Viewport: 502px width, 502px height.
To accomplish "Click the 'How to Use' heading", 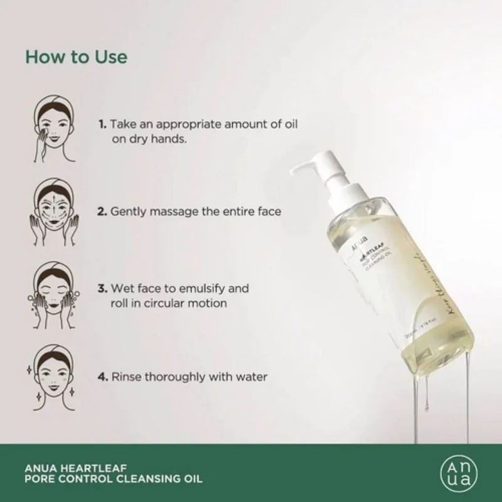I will (x=76, y=56).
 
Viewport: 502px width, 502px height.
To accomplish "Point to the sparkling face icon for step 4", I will (x=52, y=376).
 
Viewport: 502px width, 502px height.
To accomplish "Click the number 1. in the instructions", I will (x=102, y=124).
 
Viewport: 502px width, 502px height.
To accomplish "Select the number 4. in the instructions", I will (x=102, y=377).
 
